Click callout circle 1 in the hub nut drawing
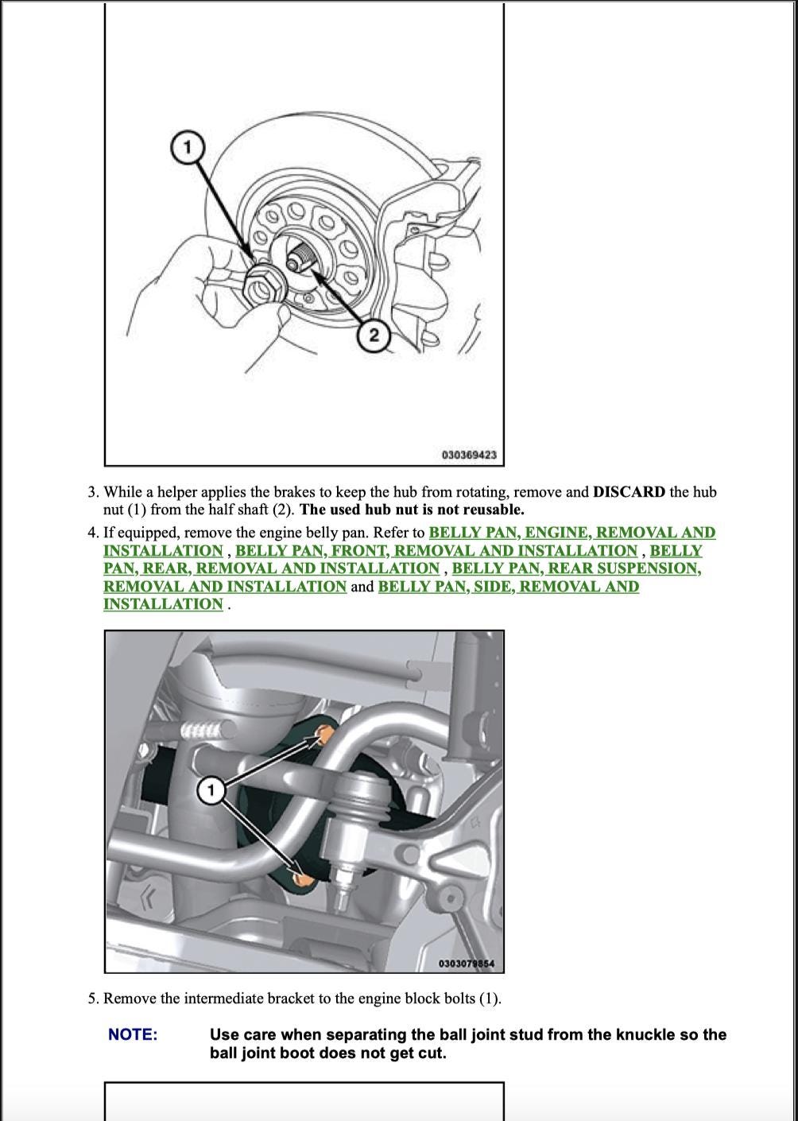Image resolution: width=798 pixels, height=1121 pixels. pyautogui.click(x=187, y=148)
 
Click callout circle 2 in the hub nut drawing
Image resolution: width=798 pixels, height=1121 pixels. pyautogui.click(x=374, y=336)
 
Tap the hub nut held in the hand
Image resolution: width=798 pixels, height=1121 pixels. pyautogui.click(x=264, y=286)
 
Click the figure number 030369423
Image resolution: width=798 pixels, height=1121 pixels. pyautogui.click(x=469, y=455)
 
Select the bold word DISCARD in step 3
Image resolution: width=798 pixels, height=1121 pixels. pyautogui.click(x=629, y=492)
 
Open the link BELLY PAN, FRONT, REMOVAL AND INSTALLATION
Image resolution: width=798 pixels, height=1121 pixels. pyautogui.click(x=436, y=550)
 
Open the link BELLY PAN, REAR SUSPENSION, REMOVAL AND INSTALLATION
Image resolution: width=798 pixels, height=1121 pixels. pyautogui.click(x=576, y=568)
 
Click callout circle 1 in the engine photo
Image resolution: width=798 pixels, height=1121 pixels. pyautogui.click(x=211, y=790)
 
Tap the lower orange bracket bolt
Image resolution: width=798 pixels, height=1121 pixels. pyautogui.click(x=300, y=879)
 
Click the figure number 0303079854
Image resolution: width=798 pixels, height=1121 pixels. pyautogui.click(x=467, y=964)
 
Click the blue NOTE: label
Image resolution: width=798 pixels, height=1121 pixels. pyautogui.click(x=133, y=1034)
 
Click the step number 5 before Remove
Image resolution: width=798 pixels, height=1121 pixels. pyautogui.click(x=92, y=999)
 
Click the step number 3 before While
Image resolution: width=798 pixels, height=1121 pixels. pyautogui.click(x=92, y=492)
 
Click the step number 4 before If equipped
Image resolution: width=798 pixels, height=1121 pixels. pyautogui.click(x=92, y=533)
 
